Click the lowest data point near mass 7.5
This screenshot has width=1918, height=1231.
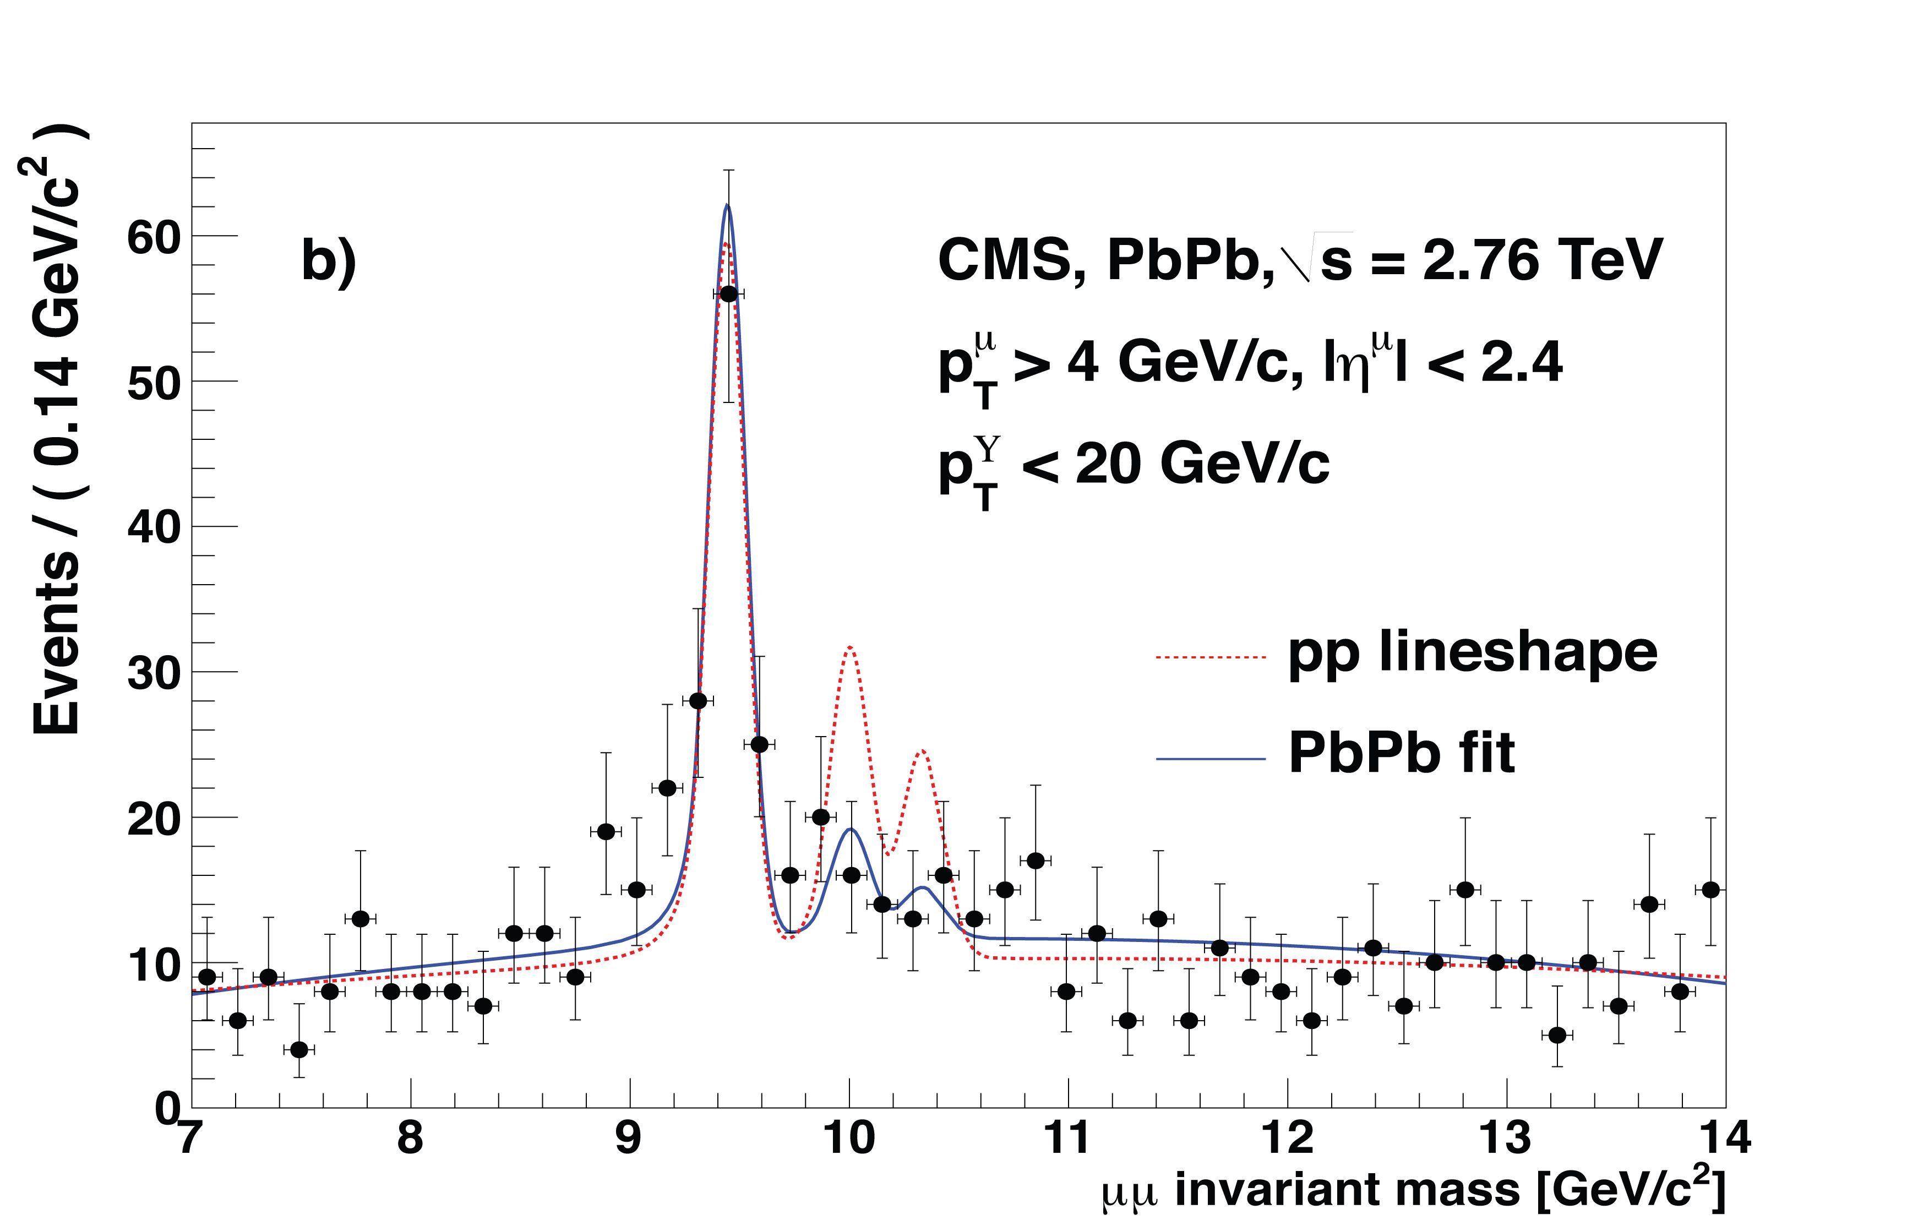[x=299, y=1049]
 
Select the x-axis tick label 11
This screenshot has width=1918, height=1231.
[x=1067, y=1139]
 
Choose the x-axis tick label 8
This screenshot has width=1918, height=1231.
[x=410, y=1139]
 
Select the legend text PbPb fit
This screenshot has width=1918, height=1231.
[x=1401, y=753]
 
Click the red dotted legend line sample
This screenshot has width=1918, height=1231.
[x=1211, y=658]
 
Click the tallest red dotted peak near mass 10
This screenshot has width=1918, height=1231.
[x=849, y=647]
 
